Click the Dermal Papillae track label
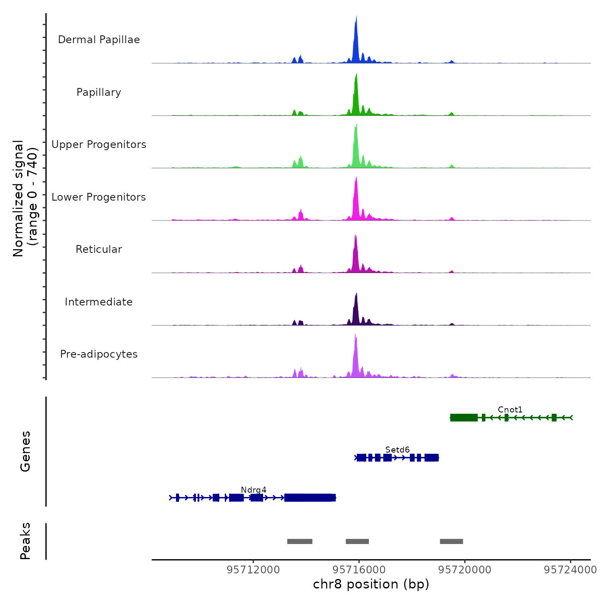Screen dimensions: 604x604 [99, 40]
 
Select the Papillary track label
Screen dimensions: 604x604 [99, 92]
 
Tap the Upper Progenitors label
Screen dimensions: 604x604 [99, 145]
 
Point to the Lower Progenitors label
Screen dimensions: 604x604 [99, 197]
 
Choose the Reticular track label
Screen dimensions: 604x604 [99, 249]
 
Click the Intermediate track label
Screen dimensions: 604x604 [99, 302]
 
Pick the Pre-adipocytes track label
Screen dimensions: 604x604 [99, 354]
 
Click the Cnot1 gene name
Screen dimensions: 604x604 [510, 409]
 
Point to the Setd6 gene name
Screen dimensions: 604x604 [397, 450]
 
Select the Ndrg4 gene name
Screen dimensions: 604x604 [254, 490]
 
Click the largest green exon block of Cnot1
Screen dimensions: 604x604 [464, 418]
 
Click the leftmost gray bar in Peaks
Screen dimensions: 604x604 [299, 541]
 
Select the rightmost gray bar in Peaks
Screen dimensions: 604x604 [451, 541]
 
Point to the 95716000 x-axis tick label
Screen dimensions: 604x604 [359, 570]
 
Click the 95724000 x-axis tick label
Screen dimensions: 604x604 [570, 570]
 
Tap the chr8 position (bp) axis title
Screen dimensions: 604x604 [371, 585]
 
